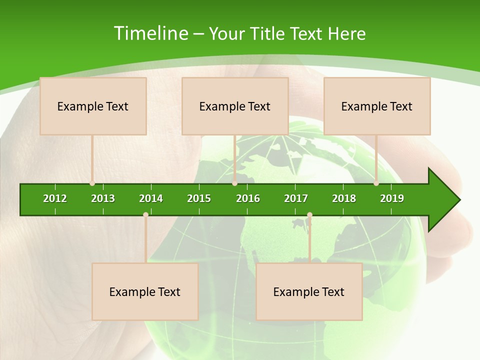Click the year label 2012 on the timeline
[55, 198]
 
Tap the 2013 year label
[103, 198]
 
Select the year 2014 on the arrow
[151, 198]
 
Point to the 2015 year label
[199, 198]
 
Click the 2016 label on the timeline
[248, 198]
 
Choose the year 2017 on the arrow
[296, 198]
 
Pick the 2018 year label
[344, 198]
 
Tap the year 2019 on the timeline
[392, 198]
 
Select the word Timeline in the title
[150, 33]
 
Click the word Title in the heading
[267, 33]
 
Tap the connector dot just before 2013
[92, 183]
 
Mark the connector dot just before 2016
[234, 183]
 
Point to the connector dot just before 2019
[376, 183]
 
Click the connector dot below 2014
[145, 215]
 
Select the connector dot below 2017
[309, 215]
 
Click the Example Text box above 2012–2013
[93, 106]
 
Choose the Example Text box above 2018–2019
[377, 106]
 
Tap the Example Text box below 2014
[145, 291]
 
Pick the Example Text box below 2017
[309, 291]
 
